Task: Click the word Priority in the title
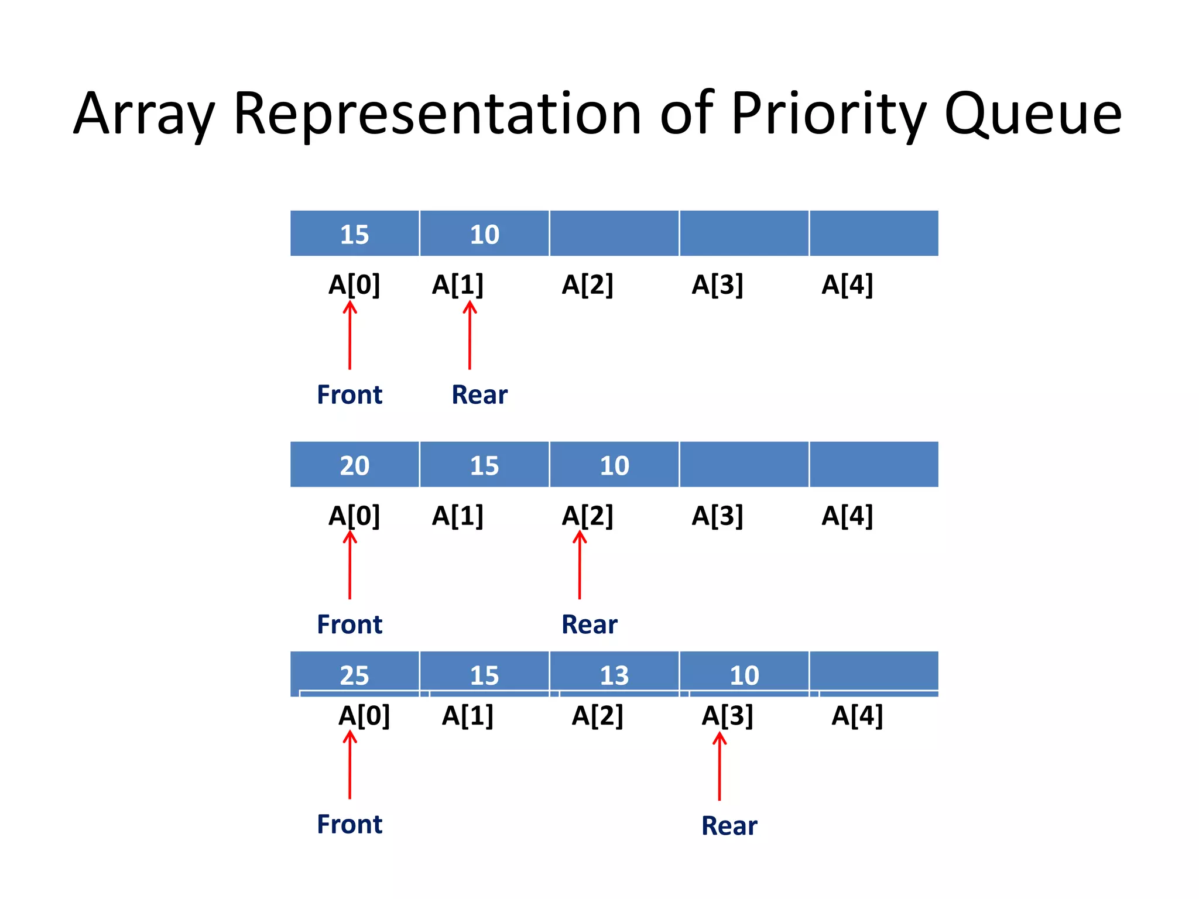tap(828, 114)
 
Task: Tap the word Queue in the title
tap(1033, 114)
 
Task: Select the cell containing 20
tap(355, 465)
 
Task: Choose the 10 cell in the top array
tap(485, 234)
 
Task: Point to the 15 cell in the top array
tap(355, 234)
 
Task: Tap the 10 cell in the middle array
tap(614, 465)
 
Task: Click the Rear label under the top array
tap(479, 395)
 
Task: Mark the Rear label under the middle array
tap(589, 625)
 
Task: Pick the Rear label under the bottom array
tap(729, 826)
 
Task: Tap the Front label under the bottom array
tap(350, 824)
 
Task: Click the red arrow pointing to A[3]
tap(720, 767)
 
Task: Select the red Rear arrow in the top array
tap(470, 335)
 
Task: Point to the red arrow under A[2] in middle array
tap(580, 565)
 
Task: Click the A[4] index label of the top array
tap(847, 285)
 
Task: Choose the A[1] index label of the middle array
tap(458, 516)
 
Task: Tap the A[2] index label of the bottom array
tap(598, 716)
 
